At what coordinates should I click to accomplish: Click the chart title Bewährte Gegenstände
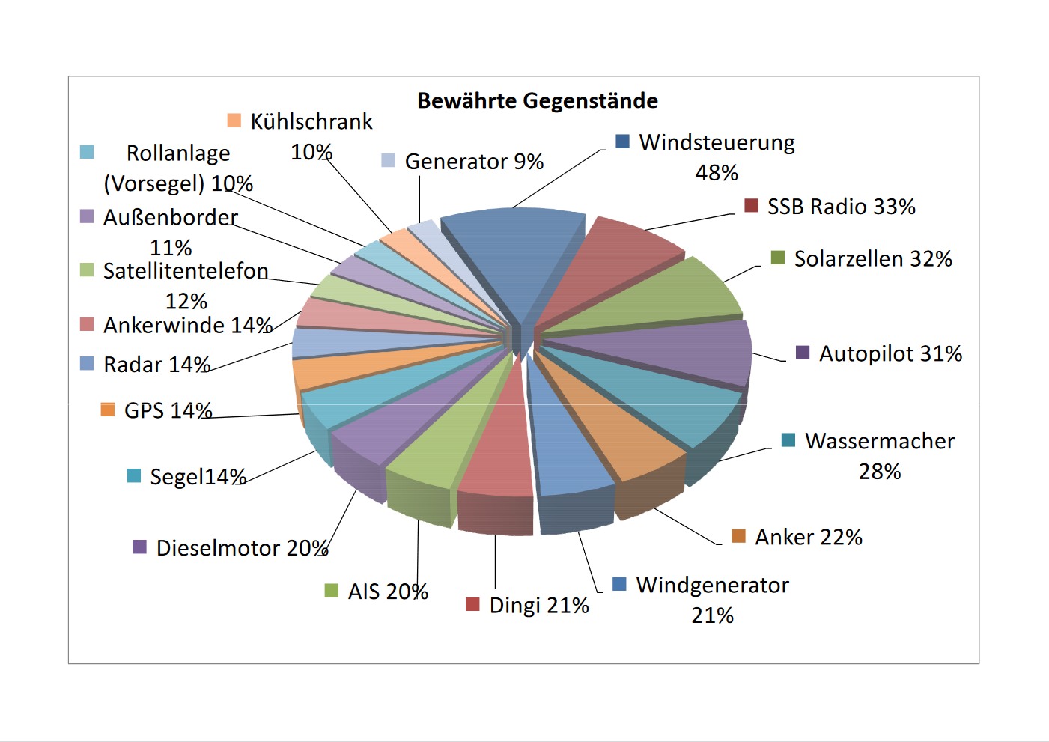pos(537,100)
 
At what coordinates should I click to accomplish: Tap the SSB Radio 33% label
pos(841,207)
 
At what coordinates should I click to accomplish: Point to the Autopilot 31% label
pos(890,353)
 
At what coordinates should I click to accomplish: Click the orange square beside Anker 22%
pos(738,536)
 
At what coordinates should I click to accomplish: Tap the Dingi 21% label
pos(539,605)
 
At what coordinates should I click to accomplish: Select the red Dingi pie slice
pos(498,457)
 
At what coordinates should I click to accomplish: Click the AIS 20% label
pos(388,592)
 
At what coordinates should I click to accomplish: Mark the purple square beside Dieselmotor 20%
pos(139,547)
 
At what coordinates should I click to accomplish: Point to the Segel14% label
pos(198,477)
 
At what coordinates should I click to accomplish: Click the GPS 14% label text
pos(168,410)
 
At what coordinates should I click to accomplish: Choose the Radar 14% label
pos(156,365)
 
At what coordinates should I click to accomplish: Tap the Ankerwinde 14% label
pos(187,326)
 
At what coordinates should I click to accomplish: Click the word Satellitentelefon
pos(186,270)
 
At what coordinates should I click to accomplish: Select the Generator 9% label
pos(474,162)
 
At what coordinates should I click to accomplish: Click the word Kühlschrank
pos(311,121)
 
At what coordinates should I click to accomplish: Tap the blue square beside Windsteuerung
pos(622,142)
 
